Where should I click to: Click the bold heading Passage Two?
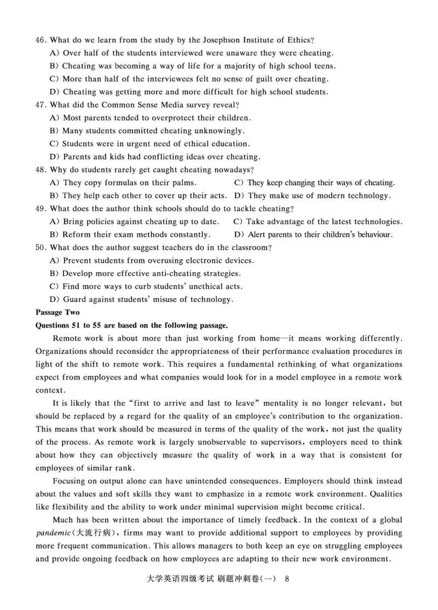click(x=57, y=312)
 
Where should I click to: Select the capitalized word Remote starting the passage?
click(x=66, y=338)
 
